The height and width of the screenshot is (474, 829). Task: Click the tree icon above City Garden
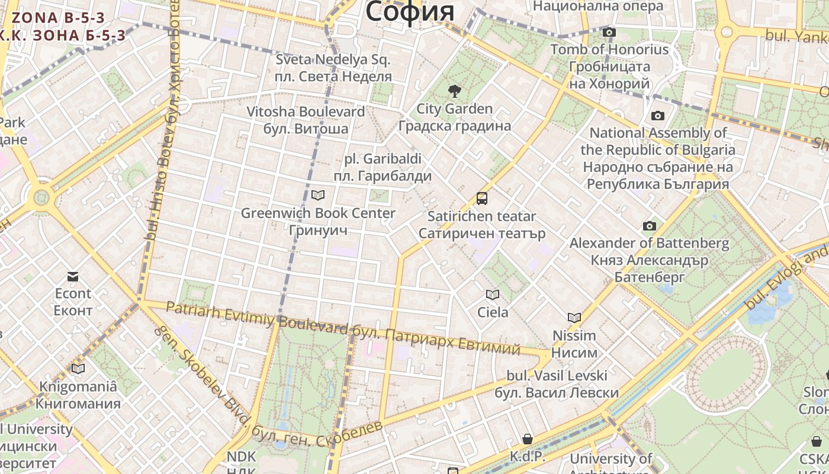point(454,91)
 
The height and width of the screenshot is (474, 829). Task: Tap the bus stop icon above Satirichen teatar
point(482,198)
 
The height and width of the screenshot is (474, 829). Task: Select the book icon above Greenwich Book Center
point(318,195)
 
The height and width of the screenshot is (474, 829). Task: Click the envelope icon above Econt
point(73,276)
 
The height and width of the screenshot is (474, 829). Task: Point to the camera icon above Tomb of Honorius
point(609,32)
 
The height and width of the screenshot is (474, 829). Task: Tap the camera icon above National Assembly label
point(657,116)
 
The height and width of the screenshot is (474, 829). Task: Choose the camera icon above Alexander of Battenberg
point(650,226)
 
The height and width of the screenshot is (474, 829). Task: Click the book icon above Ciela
point(492,294)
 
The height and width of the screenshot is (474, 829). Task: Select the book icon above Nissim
point(574,318)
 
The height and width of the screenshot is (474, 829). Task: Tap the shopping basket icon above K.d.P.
point(527,439)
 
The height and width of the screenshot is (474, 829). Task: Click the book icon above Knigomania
point(78,369)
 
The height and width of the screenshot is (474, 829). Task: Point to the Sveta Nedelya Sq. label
point(333,60)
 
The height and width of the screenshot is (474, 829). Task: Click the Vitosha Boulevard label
point(306,111)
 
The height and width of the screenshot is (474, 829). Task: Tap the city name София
point(410,12)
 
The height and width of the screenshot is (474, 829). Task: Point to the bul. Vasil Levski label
point(557,376)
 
